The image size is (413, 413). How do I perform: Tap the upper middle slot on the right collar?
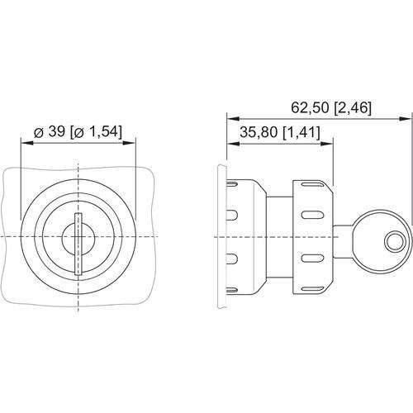click(311, 216)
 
